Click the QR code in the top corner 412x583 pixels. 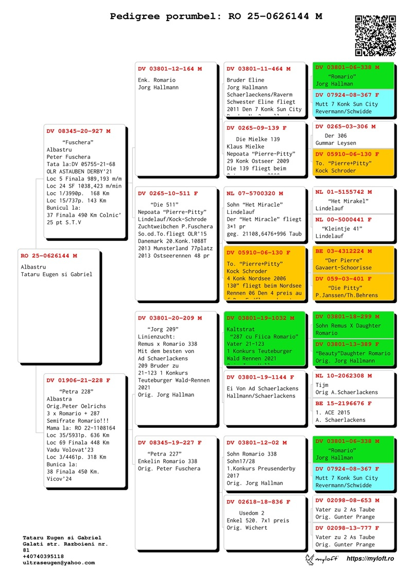pyautogui.click(x=375, y=36)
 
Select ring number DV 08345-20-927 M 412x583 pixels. pyautogui.click(x=78, y=131)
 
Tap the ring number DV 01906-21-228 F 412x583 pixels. pyautogui.click(x=78, y=380)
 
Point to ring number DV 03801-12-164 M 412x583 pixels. pyautogui.click(x=170, y=69)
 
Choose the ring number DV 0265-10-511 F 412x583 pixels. pyautogui.click(x=167, y=194)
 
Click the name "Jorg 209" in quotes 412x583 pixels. pyautogui.click(x=163, y=329)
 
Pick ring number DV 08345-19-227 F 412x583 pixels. pyautogui.click(x=170, y=443)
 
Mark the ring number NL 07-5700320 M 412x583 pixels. pyautogui.click(x=254, y=194)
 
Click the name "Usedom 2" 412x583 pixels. pyautogui.click(x=252, y=513)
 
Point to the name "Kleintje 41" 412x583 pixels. pyautogui.click(x=342, y=228)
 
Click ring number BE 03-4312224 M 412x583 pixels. pyautogui.click(x=344, y=251)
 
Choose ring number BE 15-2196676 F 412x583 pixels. pyautogui.click(x=344, y=404)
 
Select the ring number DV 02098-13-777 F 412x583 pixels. pyautogui.click(x=347, y=528)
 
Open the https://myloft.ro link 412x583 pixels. pyautogui.click(x=370, y=559)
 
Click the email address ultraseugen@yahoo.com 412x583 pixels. pyautogui.click(x=59, y=563)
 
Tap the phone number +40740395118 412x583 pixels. pyautogui.click(x=43, y=557)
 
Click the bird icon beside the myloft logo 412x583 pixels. pyautogui.click(x=310, y=559)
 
